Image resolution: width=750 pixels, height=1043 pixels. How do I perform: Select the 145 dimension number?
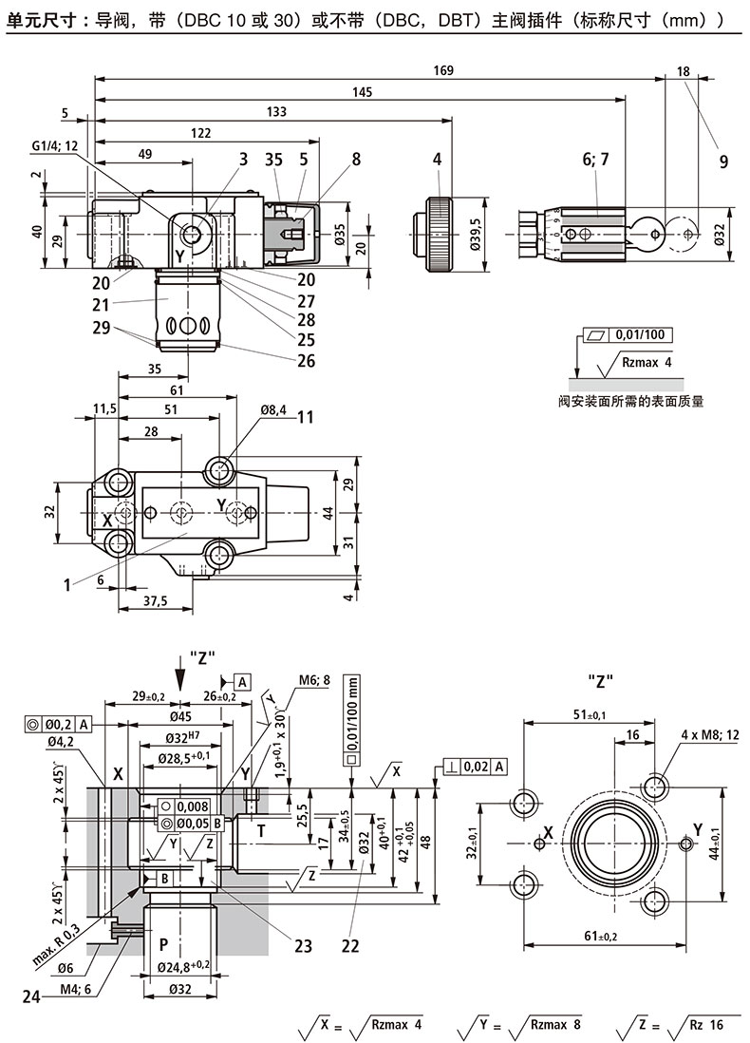pyautogui.click(x=362, y=91)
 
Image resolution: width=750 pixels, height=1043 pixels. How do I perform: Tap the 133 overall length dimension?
pyautogui.click(x=275, y=112)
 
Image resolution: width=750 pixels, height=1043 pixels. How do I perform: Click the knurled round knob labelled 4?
pyautogui.click(x=440, y=233)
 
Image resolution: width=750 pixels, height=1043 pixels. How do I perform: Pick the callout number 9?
pyautogui.click(x=723, y=161)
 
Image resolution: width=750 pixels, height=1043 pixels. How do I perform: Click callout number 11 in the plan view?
pyautogui.click(x=305, y=417)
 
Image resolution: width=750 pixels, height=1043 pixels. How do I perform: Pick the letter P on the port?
pyautogui.click(x=164, y=944)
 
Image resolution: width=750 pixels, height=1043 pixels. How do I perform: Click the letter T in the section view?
pyautogui.click(x=261, y=832)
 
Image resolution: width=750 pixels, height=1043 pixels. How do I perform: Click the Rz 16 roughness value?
pyautogui.click(x=703, y=1025)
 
